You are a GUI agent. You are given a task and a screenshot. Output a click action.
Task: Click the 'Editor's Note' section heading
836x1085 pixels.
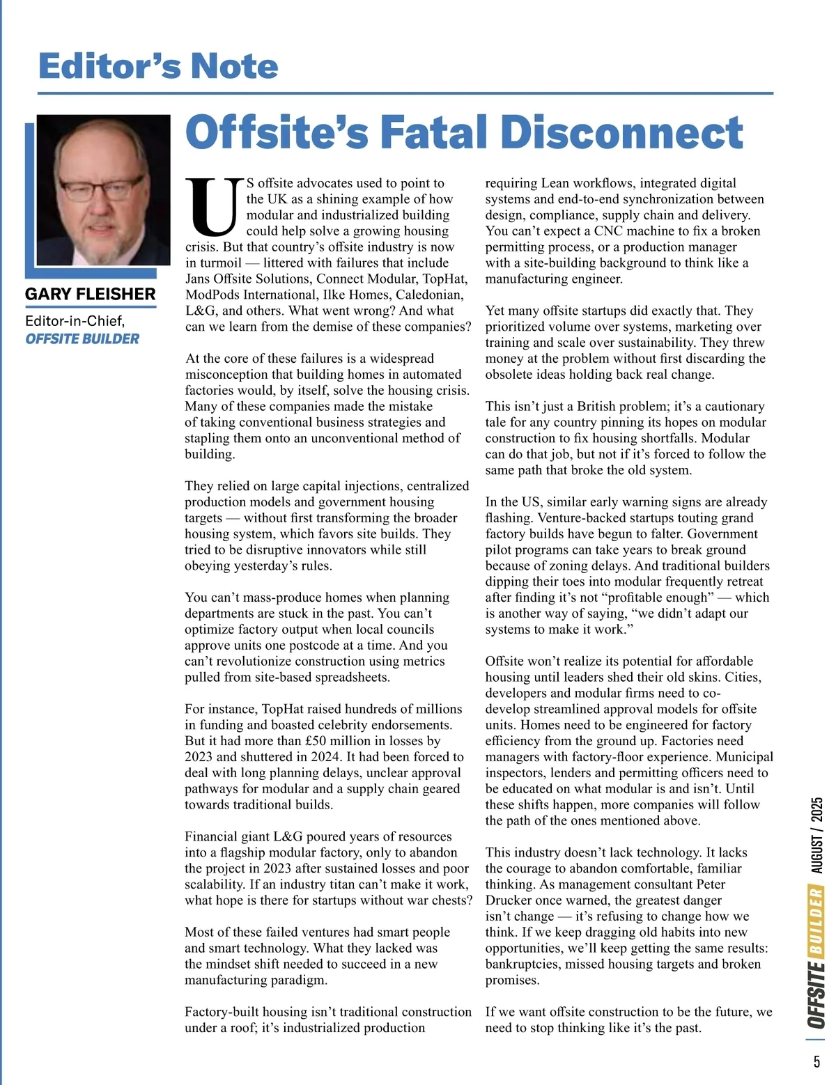click(x=158, y=66)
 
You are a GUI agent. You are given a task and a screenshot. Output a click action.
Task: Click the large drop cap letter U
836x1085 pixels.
click(x=213, y=207)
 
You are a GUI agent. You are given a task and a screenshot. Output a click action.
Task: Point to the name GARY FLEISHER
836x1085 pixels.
click(x=91, y=294)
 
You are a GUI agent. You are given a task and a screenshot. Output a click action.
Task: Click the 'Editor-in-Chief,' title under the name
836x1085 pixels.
click(x=75, y=321)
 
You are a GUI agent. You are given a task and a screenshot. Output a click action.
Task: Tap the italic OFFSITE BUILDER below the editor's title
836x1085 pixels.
click(x=82, y=339)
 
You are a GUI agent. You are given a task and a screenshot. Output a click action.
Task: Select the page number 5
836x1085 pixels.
click(x=816, y=1062)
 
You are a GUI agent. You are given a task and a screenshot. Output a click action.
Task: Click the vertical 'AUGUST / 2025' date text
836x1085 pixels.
click(x=817, y=836)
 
